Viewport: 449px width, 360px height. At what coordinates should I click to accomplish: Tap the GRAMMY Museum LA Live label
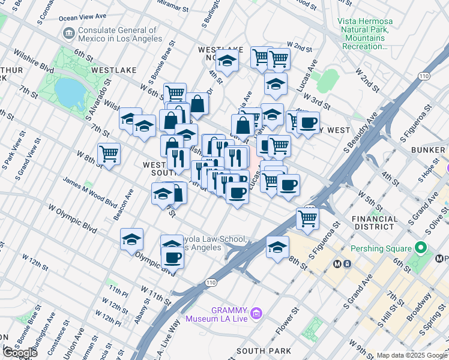point(220,314)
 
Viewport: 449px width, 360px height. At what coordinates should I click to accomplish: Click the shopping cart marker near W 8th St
point(109,154)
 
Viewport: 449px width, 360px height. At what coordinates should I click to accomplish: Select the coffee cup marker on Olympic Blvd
point(172,257)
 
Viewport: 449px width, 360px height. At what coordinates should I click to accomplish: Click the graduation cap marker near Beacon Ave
point(131,239)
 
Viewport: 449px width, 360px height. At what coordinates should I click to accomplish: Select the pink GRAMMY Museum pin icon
point(256,313)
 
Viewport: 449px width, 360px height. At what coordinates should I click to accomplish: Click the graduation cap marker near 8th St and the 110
point(277,247)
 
